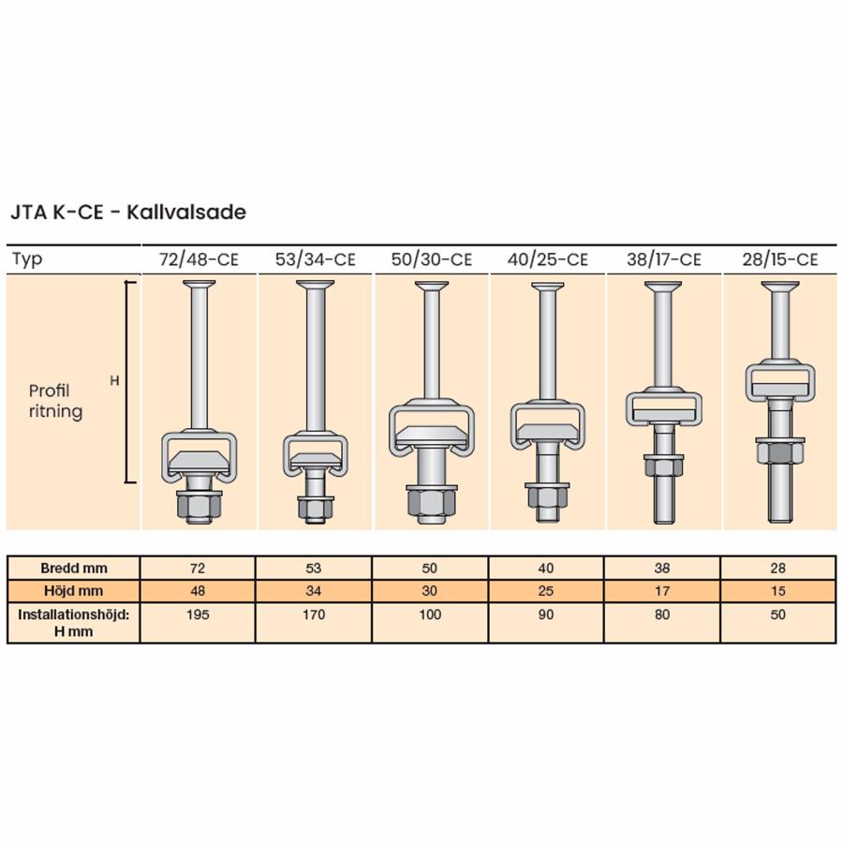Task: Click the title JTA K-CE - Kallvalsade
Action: coord(128,212)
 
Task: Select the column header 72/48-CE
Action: coord(199,259)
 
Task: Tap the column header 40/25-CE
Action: coord(547,259)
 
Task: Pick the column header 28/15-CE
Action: coord(779,259)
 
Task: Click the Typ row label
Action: coord(27,259)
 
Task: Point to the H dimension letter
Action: coord(114,380)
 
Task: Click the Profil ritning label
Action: coord(55,401)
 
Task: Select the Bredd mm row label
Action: coord(74,569)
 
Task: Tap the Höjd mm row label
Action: coord(74,591)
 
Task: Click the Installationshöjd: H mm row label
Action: coord(74,623)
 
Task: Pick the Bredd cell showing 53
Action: coord(314,569)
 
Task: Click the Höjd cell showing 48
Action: coord(198,591)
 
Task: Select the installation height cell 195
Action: coord(198,614)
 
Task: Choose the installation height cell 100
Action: coord(430,614)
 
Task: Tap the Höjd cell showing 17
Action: coord(662,591)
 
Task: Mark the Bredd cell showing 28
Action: coord(778,569)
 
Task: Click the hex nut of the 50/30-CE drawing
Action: coord(432,503)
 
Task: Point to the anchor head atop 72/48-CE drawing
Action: coord(199,283)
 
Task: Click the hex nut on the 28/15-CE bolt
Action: coord(780,452)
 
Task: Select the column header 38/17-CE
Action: coord(663,259)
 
